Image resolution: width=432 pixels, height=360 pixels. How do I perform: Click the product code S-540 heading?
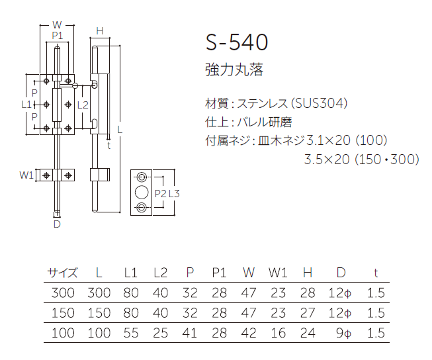click(237, 43)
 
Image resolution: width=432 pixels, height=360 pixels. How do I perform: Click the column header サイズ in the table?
click(62, 272)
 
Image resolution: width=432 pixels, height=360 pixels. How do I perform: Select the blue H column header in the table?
click(307, 272)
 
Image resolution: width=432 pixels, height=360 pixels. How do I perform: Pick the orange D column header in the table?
click(341, 272)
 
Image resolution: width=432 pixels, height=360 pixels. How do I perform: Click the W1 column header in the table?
click(278, 272)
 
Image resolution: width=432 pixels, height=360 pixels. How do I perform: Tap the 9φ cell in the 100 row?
click(342, 333)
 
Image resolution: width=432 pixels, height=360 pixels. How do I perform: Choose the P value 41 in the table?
click(190, 333)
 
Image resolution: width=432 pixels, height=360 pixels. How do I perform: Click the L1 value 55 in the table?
click(131, 333)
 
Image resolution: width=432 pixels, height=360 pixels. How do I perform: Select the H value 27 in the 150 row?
click(307, 312)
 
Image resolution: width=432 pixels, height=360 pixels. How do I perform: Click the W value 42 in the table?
click(249, 333)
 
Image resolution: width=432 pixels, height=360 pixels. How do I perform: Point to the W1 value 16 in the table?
click(278, 333)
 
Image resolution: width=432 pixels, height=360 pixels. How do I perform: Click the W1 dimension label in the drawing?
click(26, 175)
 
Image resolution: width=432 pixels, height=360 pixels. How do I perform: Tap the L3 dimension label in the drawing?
click(174, 193)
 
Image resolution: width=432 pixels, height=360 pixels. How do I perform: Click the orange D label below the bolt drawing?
click(57, 224)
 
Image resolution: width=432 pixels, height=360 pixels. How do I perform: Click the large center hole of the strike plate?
click(141, 193)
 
